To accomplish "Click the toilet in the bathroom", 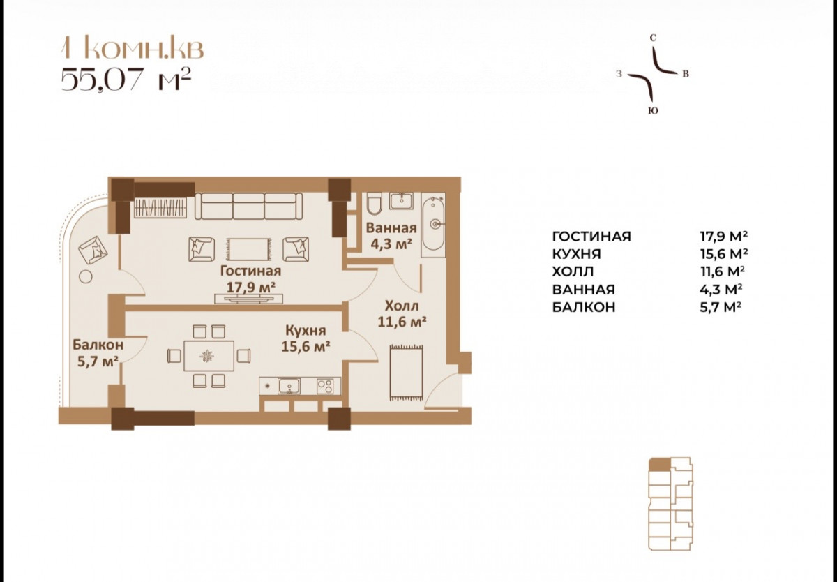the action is pyautogui.click(x=373, y=204).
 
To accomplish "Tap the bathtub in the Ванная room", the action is pyautogui.click(x=433, y=225).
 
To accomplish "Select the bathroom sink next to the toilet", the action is pyautogui.click(x=401, y=201).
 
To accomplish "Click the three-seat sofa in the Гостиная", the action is pyautogui.click(x=248, y=206).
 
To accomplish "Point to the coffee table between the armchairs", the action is pyautogui.click(x=248, y=249).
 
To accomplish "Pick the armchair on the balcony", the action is pyautogui.click(x=93, y=249).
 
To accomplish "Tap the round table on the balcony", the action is pyautogui.click(x=86, y=277).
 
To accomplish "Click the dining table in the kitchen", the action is pyautogui.click(x=209, y=355).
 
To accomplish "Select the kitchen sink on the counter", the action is pyautogui.click(x=289, y=386).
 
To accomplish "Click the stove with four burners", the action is pyautogui.click(x=325, y=386).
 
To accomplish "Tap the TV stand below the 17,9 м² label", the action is pyautogui.click(x=248, y=299).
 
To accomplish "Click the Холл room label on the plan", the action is pyautogui.click(x=402, y=306).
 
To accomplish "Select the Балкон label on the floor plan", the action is pyautogui.click(x=98, y=345).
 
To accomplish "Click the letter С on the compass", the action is pyautogui.click(x=653, y=38).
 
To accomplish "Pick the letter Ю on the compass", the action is pyautogui.click(x=653, y=111).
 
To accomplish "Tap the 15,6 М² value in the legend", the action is pyautogui.click(x=724, y=254).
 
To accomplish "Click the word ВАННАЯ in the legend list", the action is pyautogui.click(x=584, y=290).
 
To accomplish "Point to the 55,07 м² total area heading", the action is pyautogui.click(x=126, y=79).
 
